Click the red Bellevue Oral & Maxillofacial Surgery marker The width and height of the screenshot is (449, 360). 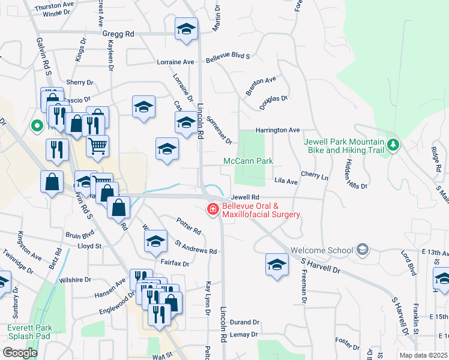coord(212,209)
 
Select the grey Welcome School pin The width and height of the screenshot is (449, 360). coord(361,249)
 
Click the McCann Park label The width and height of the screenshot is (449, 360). coord(248,161)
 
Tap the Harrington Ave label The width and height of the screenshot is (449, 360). coord(277,130)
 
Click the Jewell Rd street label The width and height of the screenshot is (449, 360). coord(244,196)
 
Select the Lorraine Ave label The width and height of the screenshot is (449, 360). coord(175,62)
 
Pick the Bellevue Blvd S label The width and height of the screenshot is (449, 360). coord(228,58)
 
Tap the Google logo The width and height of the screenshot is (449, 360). coord(20,352)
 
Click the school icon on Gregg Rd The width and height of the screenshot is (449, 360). coord(186,28)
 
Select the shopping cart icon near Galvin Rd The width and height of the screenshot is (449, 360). coord(97,145)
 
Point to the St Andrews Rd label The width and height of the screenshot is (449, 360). coord(195,247)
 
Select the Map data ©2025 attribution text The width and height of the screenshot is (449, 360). coord(423,355)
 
